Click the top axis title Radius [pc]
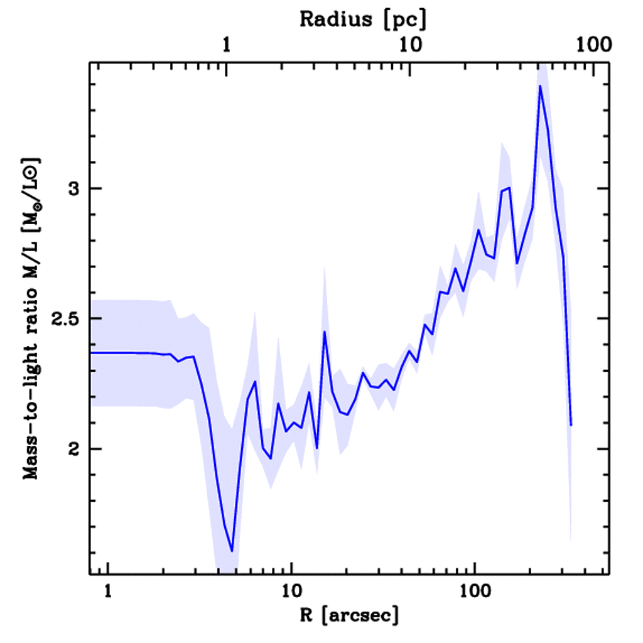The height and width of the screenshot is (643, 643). click(x=362, y=19)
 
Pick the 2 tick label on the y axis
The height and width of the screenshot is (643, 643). click(x=75, y=448)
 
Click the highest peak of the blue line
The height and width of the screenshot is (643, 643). click(x=539, y=86)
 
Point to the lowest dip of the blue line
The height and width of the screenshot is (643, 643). click(x=232, y=551)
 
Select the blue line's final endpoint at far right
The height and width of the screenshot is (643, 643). click(x=571, y=425)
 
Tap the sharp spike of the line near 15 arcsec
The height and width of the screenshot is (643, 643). click(x=325, y=332)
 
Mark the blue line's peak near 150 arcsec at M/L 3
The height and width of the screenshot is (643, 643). click(x=509, y=187)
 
